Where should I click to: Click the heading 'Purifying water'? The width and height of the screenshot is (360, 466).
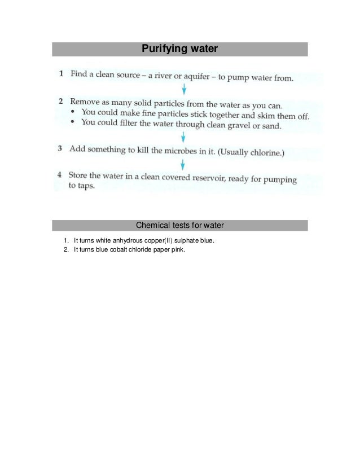click(x=179, y=49)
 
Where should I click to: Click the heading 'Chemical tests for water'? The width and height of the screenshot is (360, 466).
click(x=179, y=226)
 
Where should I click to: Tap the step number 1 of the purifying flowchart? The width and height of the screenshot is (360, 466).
click(x=61, y=74)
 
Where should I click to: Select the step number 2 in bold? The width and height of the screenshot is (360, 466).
click(x=60, y=102)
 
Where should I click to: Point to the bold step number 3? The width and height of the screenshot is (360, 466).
click(x=60, y=149)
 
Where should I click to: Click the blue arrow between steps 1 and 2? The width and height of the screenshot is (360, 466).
click(x=183, y=89)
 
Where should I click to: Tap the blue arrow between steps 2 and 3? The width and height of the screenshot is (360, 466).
click(x=183, y=137)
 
